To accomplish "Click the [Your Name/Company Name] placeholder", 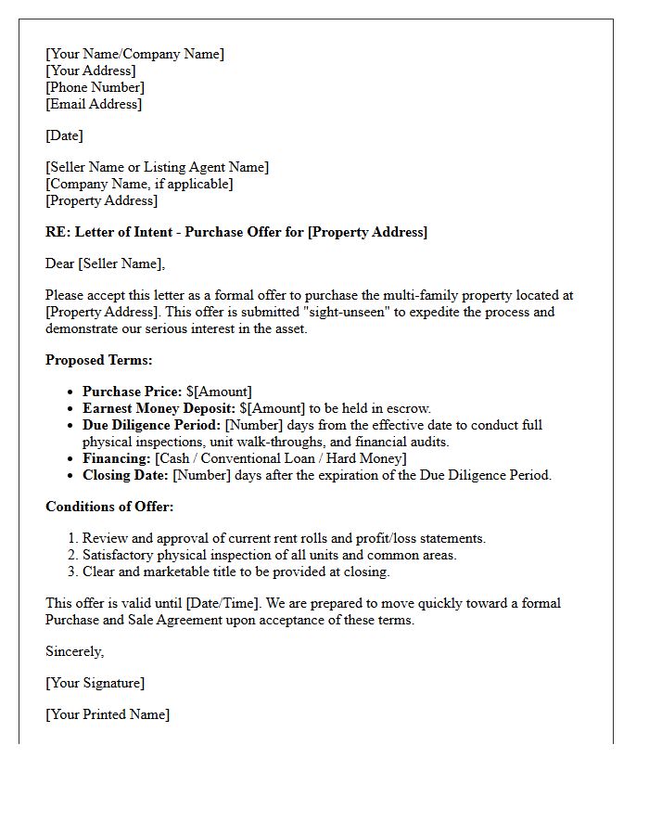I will click(134, 54).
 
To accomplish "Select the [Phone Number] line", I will click(95, 87).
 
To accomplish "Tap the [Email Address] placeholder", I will click(94, 104).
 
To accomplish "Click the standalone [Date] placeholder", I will click(64, 135).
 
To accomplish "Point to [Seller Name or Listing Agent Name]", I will click(157, 167).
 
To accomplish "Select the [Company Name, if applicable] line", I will click(139, 184).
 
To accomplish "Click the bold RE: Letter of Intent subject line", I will click(236, 232).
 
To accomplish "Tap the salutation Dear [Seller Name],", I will click(105, 263).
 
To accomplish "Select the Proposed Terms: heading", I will click(99, 360).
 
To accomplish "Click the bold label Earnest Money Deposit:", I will click(159, 408).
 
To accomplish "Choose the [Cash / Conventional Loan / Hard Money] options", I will click(281, 458).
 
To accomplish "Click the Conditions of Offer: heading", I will click(109, 507).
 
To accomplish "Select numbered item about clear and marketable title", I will click(235, 572).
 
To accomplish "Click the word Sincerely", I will click(74, 651).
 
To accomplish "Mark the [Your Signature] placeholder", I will click(95, 683).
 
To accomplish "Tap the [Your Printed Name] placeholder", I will click(108, 714).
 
